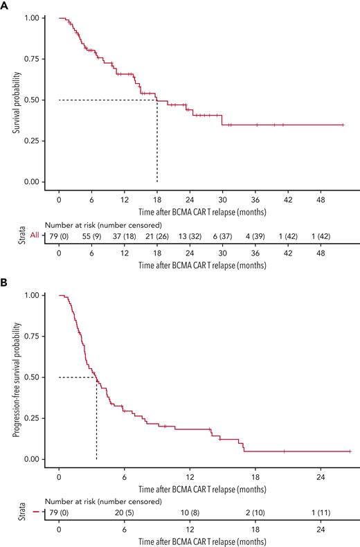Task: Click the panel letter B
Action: pyautogui.click(x=5, y=283)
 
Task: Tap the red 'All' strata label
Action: pyautogui.click(x=25, y=235)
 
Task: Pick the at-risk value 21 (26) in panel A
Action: pyautogui.click(x=157, y=235)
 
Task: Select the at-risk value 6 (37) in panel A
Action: pyautogui.click(x=222, y=235)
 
